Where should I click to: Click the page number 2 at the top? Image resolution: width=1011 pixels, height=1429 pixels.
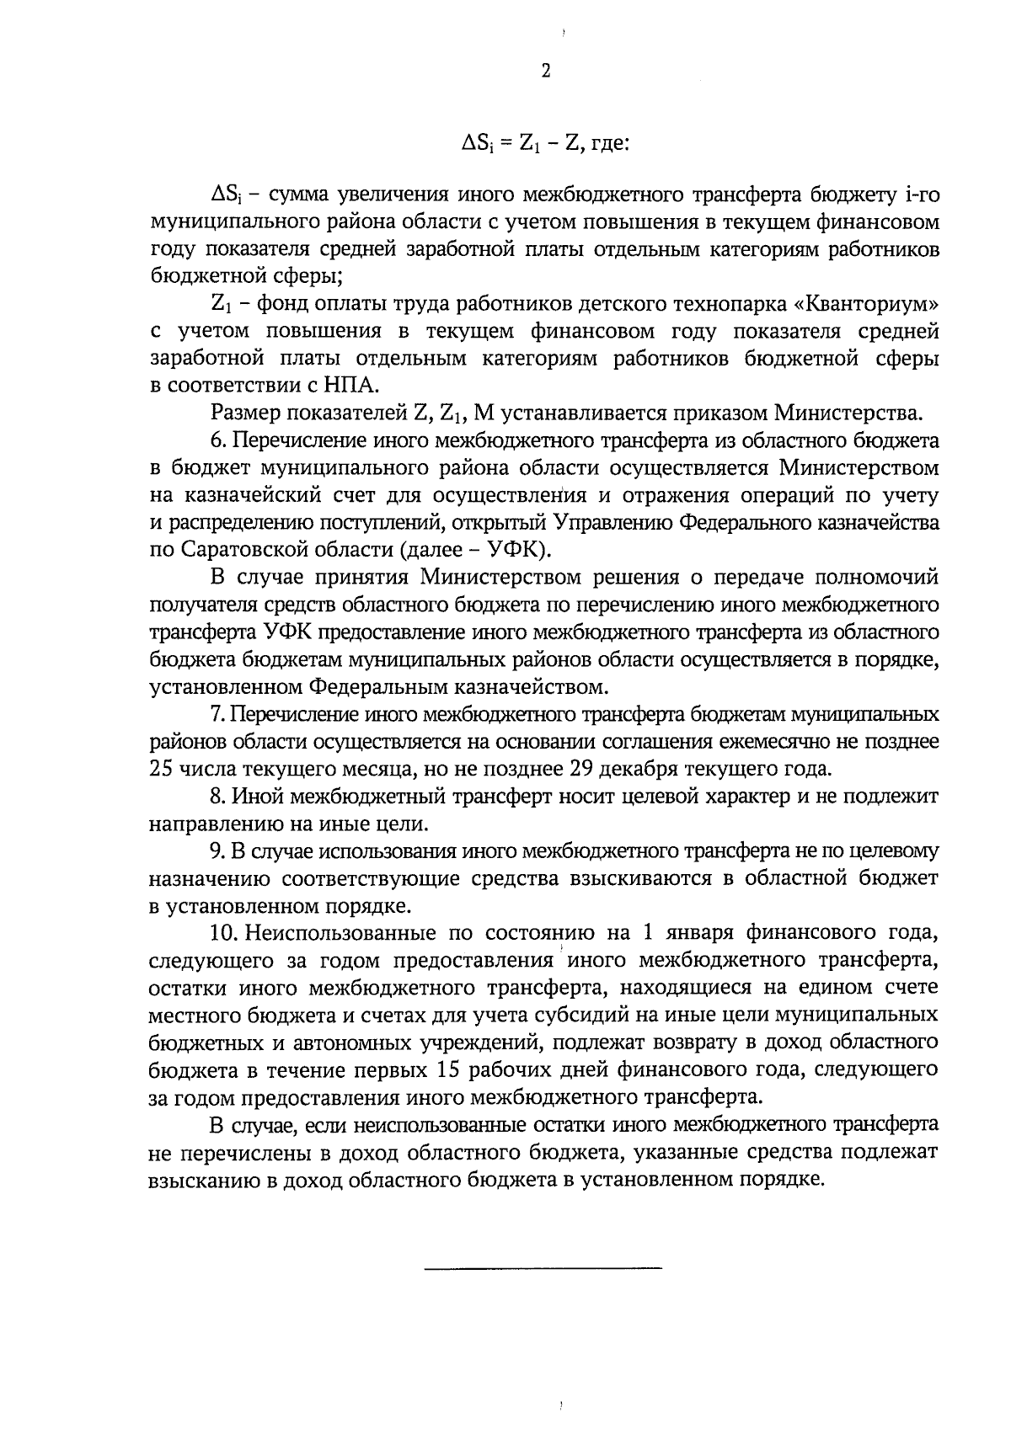click(x=545, y=72)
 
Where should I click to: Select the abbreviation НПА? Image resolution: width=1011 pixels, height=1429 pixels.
click(x=356, y=386)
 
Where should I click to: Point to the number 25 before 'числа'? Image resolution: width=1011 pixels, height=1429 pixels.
click(x=161, y=770)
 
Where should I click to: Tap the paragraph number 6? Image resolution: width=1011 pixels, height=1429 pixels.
click(x=216, y=440)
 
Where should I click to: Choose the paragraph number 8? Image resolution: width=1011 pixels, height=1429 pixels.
click(x=216, y=797)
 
